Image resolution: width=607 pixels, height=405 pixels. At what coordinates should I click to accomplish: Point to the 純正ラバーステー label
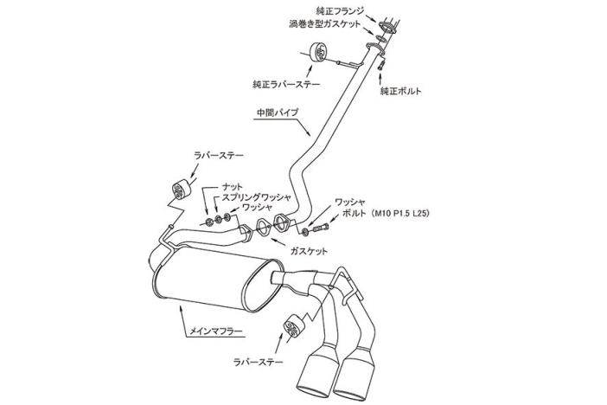(286, 85)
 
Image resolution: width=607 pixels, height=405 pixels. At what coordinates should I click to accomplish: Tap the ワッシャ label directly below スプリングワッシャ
(257, 208)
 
